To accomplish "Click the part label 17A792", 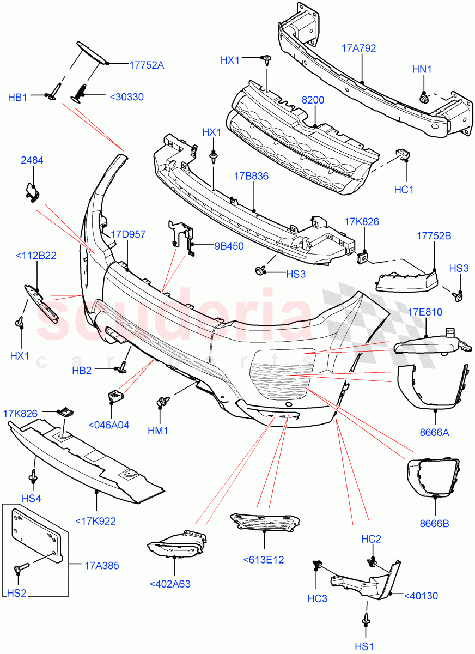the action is click(360, 49).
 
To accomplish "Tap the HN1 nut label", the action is click(422, 70).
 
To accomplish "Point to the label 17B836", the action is click(252, 176).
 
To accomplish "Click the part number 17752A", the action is click(147, 64).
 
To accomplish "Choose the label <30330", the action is click(126, 97).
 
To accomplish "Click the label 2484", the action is click(32, 160).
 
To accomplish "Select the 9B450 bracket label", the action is click(229, 246).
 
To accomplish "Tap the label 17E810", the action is click(425, 312).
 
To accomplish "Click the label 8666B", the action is click(434, 524).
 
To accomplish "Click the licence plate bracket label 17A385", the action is click(101, 566).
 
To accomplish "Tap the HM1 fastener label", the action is click(159, 431).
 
